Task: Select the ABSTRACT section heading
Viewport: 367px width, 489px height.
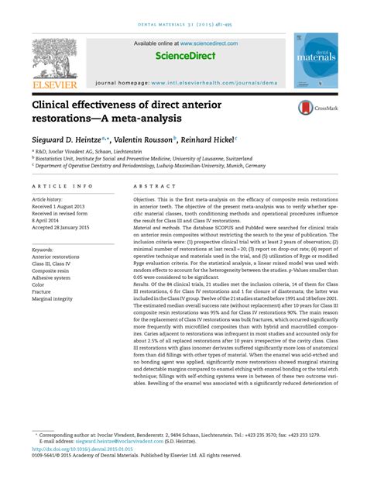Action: click(150, 188)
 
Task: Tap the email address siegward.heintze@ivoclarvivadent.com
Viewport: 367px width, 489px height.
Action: click(115, 439)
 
